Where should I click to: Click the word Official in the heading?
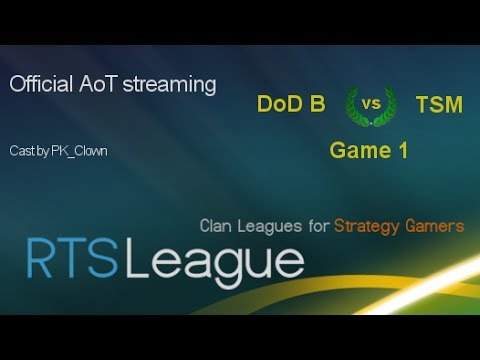point(40,85)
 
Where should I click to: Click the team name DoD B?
point(290,104)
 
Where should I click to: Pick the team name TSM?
point(439,104)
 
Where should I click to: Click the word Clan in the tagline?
point(218,226)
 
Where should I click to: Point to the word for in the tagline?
point(318,226)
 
